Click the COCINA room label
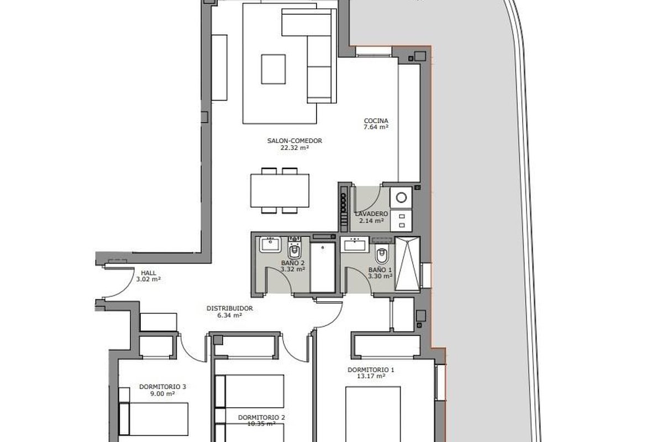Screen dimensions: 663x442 click(376, 121)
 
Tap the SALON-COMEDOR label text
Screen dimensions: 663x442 click(294, 141)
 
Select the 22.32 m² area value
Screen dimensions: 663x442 click(295, 148)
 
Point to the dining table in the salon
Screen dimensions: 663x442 click(280, 191)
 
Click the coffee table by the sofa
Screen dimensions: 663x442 click(273, 69)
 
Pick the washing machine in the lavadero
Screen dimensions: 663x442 click(401, 197)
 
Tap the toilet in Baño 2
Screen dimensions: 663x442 click(294, 248)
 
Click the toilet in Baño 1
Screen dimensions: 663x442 click(381, 255)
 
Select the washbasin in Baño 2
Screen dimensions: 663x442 click(270, 245)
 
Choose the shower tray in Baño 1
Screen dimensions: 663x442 click(408, 264)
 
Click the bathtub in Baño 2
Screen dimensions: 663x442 click(323, 267)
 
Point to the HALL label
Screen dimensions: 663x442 click(148, 273)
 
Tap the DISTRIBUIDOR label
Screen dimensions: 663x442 click(230, 308)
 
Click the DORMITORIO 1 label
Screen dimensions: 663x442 click(371, 370)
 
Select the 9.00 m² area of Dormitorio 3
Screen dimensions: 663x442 click(162, 393)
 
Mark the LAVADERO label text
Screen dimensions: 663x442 click(371, 214)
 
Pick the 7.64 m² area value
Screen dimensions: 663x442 click(376, 127)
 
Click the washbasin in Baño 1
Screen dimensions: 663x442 click(355, 244)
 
